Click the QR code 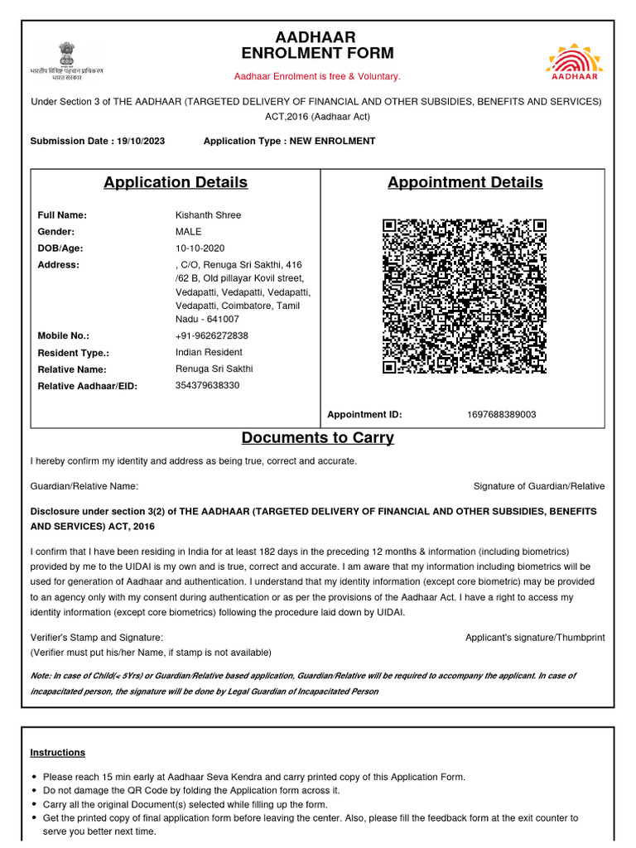click(x=464, y=296)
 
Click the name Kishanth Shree click(x=208, y=215)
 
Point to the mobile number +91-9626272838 click(x=211, y=336)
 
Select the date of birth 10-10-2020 click(x=200, y=248)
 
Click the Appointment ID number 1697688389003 click(x=501, y=414)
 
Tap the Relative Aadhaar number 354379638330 click(x=207, y=386)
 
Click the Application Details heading click(x=176, y=182)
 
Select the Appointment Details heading click(x=465, y=182)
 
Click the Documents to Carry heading click(x=317, y=438)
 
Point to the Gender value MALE click(x=188, y=232)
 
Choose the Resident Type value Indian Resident click(x=209, y=353)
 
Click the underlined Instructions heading click(x=57, y=753)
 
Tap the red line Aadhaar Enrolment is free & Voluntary click(x=317, y=76)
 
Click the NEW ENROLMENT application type click(x=332, y=141)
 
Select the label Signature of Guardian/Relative click(x=538, y=486)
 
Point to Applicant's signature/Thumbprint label click(x=535, y=638)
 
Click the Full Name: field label click(x=62, y=215)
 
